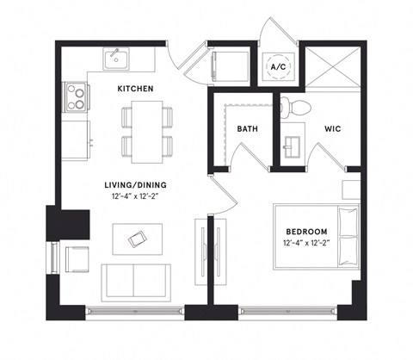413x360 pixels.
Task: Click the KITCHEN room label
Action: (x=136, y=89)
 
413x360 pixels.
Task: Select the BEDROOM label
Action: (x=307, y=232)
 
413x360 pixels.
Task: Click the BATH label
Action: (x=249, y=129)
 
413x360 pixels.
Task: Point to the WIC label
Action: (x=335, y=129)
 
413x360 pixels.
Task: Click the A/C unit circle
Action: (x=280, y=65)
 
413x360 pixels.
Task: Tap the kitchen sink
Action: (x=115, y=59)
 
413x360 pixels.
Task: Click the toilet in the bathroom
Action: (x=293, y=108)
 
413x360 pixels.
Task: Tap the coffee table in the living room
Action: (x=138, y=239)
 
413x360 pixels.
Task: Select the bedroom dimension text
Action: (x=307, y=245)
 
